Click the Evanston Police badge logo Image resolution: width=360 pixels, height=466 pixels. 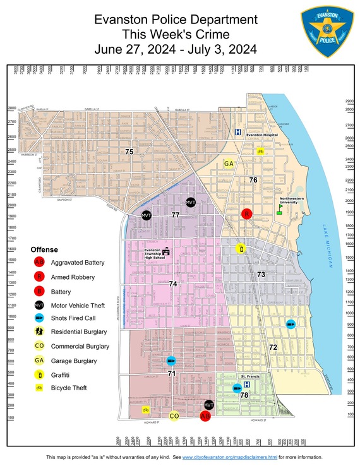click(x=327, y=32)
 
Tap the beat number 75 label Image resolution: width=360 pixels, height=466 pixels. click(x=129, y=152)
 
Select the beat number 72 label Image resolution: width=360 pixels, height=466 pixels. click(x=273, y=347)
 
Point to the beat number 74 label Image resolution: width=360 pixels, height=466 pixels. click(x=172, y=284)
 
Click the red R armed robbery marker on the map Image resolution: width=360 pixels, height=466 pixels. click(x=248, y=214)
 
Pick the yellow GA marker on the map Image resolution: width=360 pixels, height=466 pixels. click(x=230, y=164)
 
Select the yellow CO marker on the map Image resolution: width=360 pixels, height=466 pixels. click(x=174, y=416)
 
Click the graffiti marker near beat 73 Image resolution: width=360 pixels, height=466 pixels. click(x=240, y=249)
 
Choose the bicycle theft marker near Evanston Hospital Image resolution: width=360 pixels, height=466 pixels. click(x=260, y=152)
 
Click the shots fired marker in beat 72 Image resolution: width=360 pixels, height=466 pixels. click(x=290, y=324)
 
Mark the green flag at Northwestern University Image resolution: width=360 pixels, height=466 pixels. click(x=279, y=208)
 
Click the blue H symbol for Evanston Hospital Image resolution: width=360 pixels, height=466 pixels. click(x=237, y=133)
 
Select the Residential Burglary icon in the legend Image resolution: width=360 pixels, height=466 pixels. click(x=39, y=331)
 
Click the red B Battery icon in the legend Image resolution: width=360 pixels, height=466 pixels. click(x=39, y=292)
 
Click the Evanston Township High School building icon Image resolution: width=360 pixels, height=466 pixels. click(x=167, y=251)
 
